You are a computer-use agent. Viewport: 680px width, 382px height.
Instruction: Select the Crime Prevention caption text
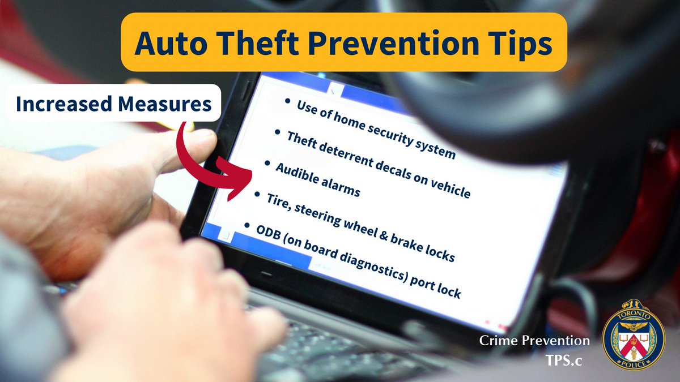tap(534, 341)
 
